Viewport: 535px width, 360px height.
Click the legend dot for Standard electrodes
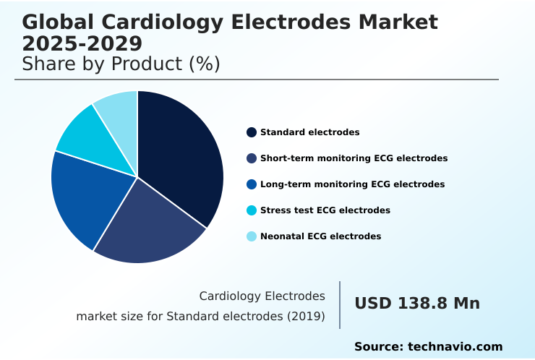(x=252, y=132)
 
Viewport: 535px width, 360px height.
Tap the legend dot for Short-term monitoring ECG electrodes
(x=252, y=158)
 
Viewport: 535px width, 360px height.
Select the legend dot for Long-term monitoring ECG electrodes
(x=252, y=184)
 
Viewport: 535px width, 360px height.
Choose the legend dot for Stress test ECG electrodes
(x=252, y=210)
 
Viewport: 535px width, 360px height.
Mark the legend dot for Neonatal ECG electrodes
(x=252, y=236)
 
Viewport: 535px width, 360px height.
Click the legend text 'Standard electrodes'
(x=309, y=132)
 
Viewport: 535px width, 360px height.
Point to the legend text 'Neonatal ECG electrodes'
(x=320, y=236)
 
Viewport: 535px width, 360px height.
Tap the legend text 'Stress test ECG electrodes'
(x=325, y=210)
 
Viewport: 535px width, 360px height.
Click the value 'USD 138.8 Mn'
(x=416, y=304)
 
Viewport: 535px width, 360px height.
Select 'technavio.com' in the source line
(x=455, y=347)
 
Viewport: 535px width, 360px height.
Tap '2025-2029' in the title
(x=82, y=43)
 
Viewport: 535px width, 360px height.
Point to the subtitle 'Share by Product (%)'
(x=121, y=64)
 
